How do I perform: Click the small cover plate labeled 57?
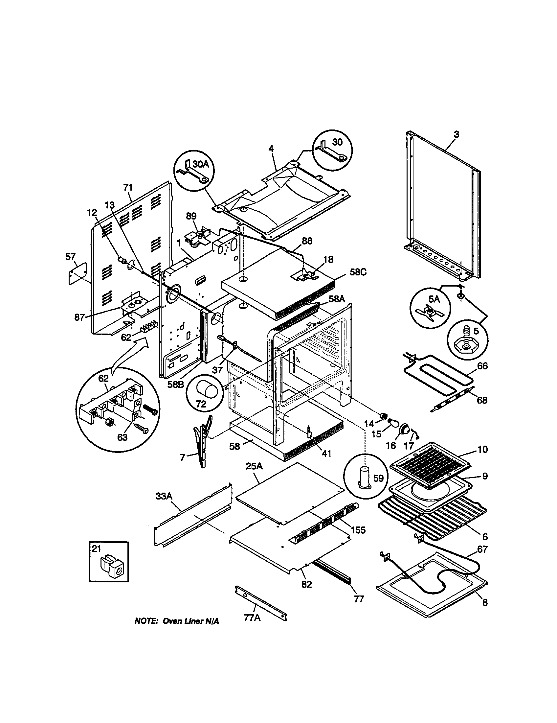point(78,273)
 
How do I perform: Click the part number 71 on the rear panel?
point(128,188)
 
